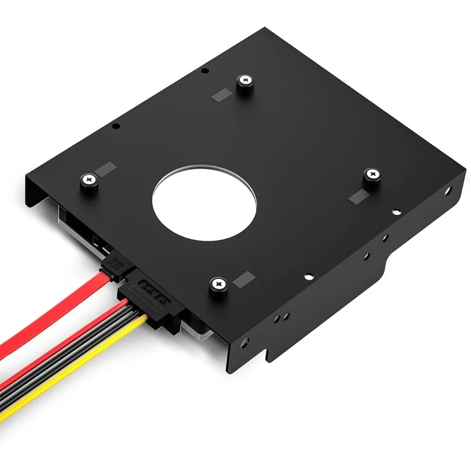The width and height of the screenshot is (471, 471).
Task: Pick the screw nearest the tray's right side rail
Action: tap(372, 174)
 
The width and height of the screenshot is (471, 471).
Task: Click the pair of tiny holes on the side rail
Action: tap(281, 318)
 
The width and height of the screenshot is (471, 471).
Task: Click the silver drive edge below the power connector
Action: tap(200, 330)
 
